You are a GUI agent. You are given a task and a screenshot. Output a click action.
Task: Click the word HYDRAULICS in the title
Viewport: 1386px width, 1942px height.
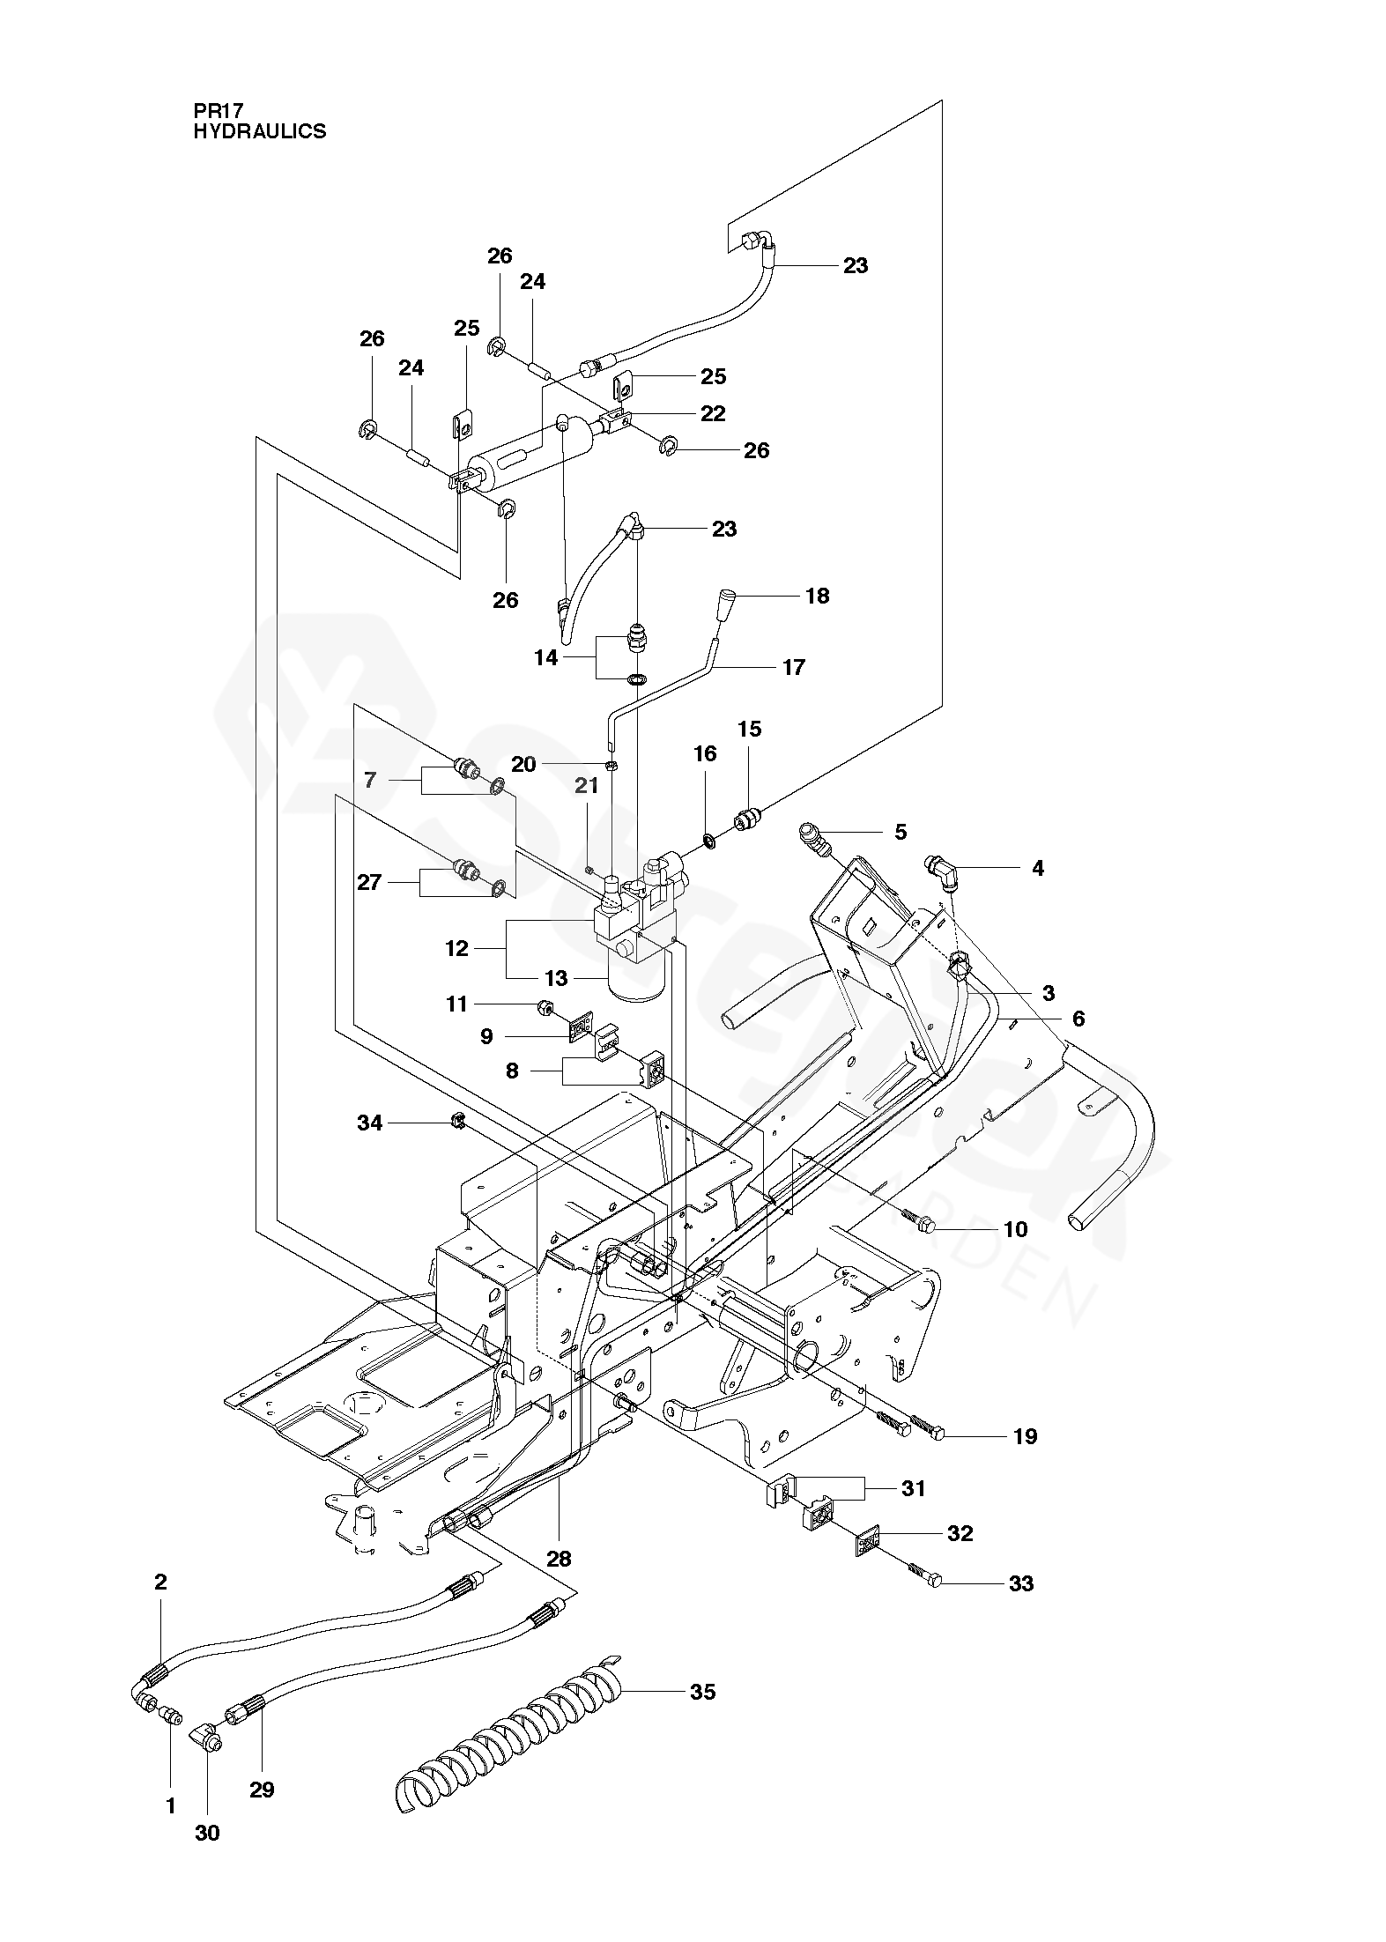pos(260,131)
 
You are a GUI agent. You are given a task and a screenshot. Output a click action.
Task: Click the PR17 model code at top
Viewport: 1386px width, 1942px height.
pos(218,111)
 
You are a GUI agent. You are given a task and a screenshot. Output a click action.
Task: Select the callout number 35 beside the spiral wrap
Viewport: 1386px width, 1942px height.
pos(702,1692)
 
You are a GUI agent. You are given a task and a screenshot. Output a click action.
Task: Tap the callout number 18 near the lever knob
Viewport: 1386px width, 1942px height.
pos(818,596)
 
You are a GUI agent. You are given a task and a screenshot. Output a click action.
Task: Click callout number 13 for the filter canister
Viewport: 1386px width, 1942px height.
pos(556,979)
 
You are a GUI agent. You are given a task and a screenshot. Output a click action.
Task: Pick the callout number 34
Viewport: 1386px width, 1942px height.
pos(370,1123)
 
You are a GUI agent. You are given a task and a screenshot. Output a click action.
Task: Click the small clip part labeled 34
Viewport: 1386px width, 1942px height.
pos(457,1122)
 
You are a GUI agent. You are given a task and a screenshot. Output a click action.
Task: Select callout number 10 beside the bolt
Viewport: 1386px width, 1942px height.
pos(1016,1229)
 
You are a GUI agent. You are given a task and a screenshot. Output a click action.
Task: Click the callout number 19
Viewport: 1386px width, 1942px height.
pos(1026,1436)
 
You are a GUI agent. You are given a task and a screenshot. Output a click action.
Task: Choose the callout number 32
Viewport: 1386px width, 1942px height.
pos(960,1533)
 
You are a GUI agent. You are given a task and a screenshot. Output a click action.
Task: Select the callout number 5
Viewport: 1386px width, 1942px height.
pos(901,833)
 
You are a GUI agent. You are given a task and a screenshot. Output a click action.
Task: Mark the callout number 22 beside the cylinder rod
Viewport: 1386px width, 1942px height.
pos(713,413)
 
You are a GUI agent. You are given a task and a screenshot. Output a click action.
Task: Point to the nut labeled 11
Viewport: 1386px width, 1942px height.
pos(545,1006)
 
